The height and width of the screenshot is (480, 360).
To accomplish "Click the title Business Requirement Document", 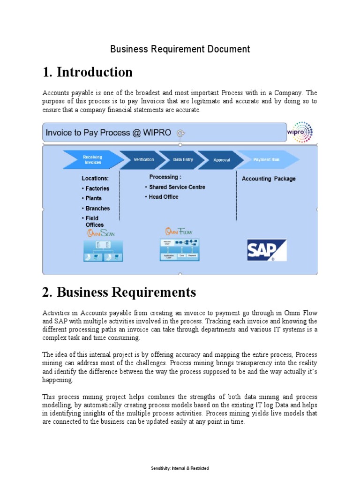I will pos(180,49).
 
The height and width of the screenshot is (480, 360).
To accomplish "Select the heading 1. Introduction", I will pos(87,72).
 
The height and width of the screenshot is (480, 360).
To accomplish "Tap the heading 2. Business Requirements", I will pos(119,292).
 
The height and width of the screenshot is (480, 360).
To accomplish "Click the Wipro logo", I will pos(300,132).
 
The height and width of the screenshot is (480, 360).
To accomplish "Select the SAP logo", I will pos(267,250).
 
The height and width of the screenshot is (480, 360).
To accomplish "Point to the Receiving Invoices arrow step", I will pos(92,159).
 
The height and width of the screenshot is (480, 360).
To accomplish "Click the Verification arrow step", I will pos(143,160).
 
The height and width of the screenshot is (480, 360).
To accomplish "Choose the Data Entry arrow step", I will pos(183,160).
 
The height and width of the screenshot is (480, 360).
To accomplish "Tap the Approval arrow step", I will pos(221,160).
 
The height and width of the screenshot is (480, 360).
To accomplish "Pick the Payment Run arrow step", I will pos(266,160).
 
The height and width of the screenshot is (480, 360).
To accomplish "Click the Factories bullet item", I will pos(97,188).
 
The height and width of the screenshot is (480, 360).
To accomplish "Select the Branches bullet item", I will pos(97,208).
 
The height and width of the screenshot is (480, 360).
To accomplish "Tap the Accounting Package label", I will pos(268,179).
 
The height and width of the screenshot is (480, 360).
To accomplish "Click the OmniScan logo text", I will pos(100,233).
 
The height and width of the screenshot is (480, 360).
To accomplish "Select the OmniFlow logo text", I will pos(179,232).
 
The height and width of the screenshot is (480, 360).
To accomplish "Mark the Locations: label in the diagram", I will pos(95,179).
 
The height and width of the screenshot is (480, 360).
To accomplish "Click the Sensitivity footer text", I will pos(180,468).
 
